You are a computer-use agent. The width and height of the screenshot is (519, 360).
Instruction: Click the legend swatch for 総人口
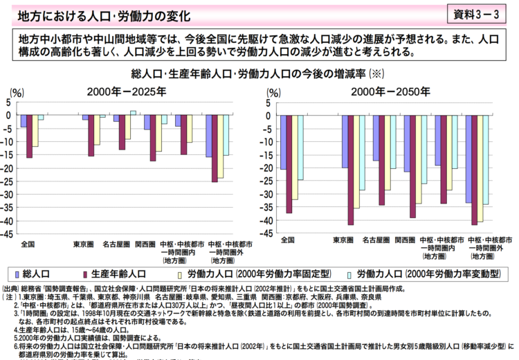click(15, 273)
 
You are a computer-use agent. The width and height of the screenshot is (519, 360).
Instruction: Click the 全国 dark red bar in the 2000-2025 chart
click(29, 136)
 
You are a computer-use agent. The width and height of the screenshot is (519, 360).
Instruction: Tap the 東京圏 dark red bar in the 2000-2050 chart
click(351, 170)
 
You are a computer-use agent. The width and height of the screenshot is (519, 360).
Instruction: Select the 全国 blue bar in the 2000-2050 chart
click(283, 143)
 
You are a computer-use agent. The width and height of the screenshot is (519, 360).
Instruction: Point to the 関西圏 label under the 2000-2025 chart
click(145, 244)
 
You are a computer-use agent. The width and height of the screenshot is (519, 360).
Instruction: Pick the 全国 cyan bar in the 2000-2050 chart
click(300, 147)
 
